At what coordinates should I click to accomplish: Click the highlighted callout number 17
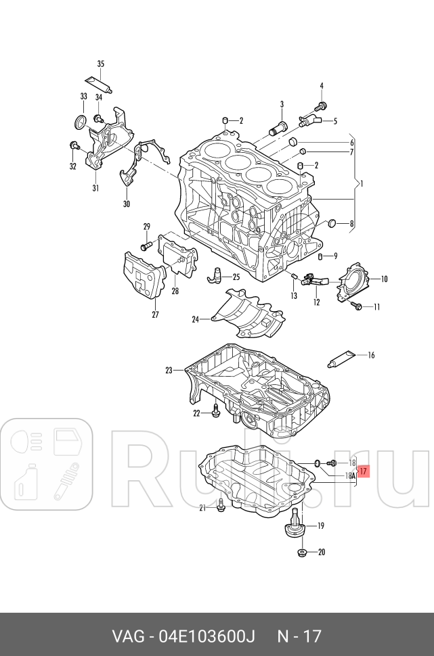(364, 471)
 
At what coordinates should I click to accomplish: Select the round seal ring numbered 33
(81, 122)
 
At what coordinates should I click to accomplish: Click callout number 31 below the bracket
(95, 189)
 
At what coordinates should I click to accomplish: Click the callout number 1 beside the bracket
(361, 183)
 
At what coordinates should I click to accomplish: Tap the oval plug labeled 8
(332, 223)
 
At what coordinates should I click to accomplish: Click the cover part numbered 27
(144, 276)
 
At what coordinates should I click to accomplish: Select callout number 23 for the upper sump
(169, 370)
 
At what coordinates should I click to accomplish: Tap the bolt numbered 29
(145, 245)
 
